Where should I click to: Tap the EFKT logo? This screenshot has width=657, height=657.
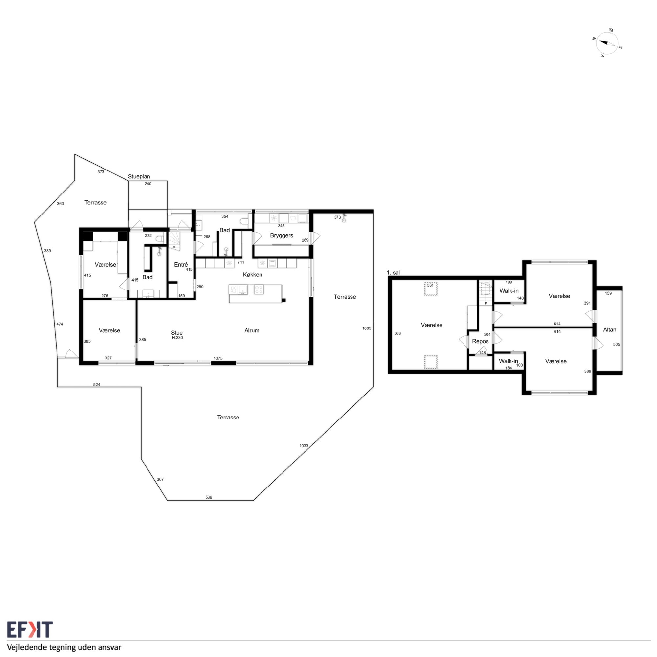coord(30,629)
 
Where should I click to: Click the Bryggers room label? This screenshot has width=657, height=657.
coord(282,235)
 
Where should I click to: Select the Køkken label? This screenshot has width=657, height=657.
coord(253,274)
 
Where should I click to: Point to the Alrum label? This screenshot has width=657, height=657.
coord(252,330)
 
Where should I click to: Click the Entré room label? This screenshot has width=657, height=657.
coord(181,264)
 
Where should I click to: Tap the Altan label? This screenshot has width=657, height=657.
coord(610,329)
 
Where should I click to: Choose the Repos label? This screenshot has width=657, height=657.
coord(480,341)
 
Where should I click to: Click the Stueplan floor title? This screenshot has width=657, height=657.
coord(139,177)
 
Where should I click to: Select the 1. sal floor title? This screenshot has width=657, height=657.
coord(394,272)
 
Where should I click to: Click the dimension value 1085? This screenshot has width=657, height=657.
coord(367,328)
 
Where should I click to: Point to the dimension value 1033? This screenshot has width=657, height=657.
coord(304,446)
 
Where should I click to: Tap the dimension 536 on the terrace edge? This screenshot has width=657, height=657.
coord(209,497)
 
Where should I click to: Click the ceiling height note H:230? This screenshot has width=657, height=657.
coord(177,338)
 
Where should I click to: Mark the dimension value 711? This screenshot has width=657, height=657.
coord(241,262)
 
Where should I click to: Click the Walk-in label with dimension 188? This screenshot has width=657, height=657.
coord(509,291)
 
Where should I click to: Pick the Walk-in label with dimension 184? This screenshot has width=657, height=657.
coord(509,361)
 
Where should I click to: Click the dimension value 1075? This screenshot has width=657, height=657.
coord(218,358)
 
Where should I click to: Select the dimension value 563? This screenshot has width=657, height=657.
coord(397,334)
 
